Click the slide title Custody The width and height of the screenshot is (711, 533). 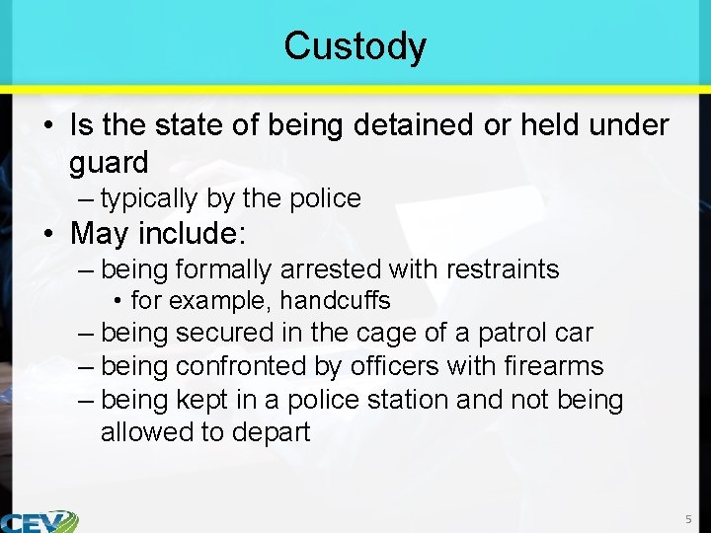tap(355, 46)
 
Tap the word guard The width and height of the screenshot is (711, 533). tap(109, 163)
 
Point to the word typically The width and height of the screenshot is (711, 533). tap(149, 198)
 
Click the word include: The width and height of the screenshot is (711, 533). tap(205, 235)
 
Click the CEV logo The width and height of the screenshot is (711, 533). tap(39, 521)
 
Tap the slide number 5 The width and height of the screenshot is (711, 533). tap(689, 519)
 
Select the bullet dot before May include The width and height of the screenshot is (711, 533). tap(48, 236)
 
